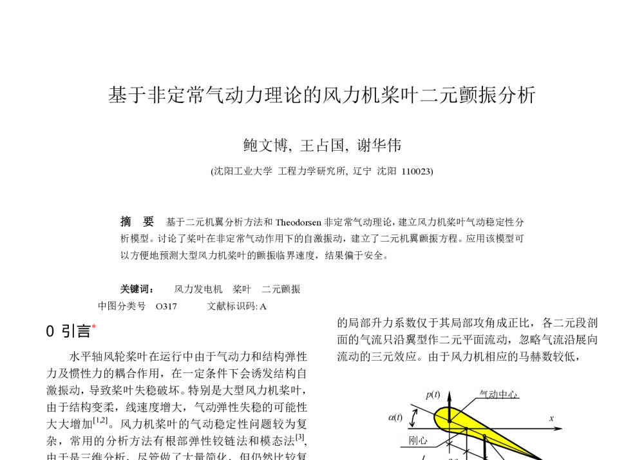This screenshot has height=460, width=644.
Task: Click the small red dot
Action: point(94,326)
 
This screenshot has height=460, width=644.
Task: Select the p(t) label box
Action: point(433,394)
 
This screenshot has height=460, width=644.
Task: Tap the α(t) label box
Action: point(395,417)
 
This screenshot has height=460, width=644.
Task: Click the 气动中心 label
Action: point(498,394)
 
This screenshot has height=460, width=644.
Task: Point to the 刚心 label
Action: point(418,441)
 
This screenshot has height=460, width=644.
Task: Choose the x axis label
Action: point(551,419)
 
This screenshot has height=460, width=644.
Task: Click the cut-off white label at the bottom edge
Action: point(452,457)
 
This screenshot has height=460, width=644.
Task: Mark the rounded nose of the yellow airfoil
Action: point(437,417)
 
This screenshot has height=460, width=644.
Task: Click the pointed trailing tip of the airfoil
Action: point(533,455)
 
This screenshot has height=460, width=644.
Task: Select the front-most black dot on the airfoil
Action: point(450,421)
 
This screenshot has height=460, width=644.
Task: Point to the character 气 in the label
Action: point(483,394)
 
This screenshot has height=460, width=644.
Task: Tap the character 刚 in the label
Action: point(413,441)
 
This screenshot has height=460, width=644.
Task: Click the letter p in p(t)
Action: point(428,395)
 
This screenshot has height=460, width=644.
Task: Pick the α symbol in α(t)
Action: point(391,417)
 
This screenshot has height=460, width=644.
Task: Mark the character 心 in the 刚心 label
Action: point(423,441)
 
